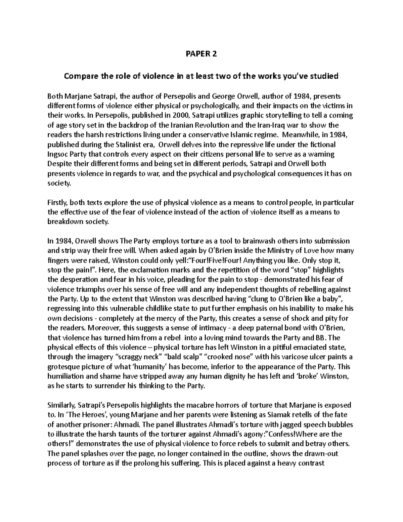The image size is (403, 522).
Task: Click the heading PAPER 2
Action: point(201,54)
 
